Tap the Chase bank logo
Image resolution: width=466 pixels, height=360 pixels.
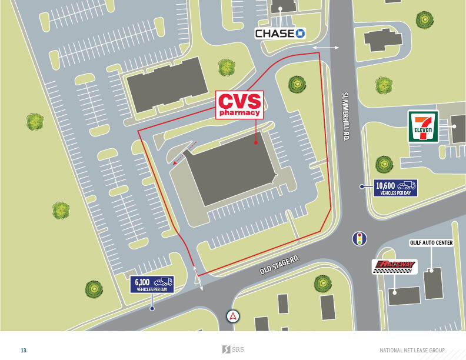pos(280,34)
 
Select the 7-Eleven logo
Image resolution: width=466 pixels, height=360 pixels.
pos(424,126)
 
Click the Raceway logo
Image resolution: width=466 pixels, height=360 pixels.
pos(394,267)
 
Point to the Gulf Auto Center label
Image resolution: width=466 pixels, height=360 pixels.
pos(431,242)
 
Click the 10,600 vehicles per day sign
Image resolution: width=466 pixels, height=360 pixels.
pos(395,187)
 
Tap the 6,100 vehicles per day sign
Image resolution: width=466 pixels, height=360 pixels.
pos(152,285)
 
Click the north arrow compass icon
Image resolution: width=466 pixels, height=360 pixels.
pos(234,316)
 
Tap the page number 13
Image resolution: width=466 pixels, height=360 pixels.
pos(24,350)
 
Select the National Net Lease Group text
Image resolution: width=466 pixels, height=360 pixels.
pos(412,350)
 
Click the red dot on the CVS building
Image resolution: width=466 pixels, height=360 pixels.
pos(256,142)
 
